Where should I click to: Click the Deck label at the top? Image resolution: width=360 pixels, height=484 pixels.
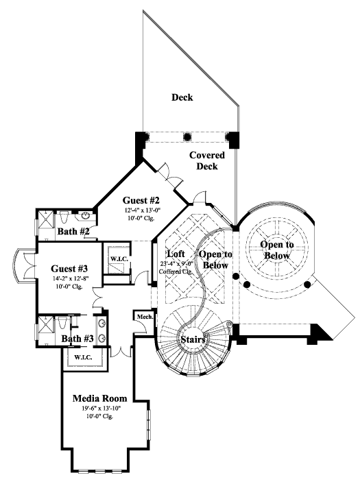(182, 97)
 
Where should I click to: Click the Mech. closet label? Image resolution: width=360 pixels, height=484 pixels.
(143, 317)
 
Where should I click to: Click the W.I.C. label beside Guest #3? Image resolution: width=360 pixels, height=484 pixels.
(117, 258)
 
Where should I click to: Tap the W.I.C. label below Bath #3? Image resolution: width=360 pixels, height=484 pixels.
(83, 356)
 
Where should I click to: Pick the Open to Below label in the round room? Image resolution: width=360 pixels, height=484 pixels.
(278, 250)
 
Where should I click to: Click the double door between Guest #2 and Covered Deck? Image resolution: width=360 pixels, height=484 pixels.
(168, 173)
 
